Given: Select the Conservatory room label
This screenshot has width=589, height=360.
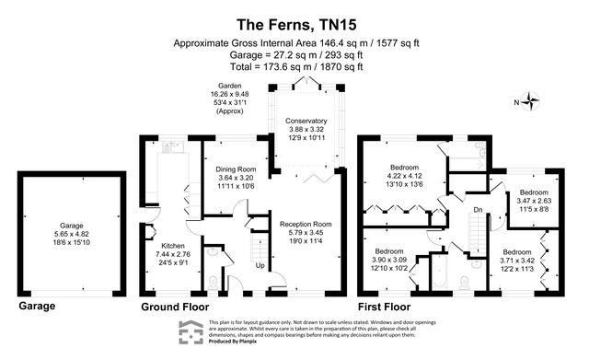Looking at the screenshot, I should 306,122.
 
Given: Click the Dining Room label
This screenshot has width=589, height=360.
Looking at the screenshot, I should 234,169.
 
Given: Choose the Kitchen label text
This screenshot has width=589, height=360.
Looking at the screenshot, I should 174,246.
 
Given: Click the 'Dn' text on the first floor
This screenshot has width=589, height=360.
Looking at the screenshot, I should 478,210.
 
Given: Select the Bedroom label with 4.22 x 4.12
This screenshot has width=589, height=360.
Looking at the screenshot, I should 399,167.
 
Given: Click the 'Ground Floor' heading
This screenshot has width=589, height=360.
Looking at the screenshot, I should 175,306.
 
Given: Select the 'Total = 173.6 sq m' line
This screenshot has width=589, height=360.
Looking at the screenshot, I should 294,66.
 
